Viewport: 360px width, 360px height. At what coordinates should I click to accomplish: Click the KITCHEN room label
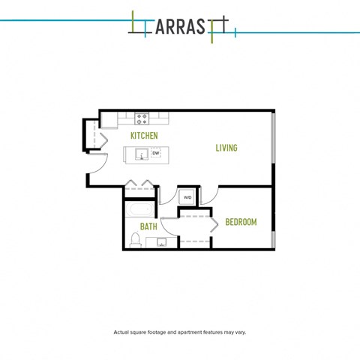coord(144,136)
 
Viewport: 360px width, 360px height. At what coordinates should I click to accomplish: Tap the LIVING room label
coord(226,148)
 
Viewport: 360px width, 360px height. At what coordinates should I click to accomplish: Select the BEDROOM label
coord(241,222)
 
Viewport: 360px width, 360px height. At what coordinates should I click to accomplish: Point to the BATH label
coord(148,226)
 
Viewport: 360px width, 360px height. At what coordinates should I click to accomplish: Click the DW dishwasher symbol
coord(156,153)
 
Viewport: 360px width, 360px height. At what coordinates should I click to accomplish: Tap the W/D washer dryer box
coord(187,197)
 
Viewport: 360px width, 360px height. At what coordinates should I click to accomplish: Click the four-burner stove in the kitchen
coord(142,118)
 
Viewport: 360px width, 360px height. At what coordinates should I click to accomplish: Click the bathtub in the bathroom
coord(139,209)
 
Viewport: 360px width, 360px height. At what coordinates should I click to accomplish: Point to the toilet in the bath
coord(135,240)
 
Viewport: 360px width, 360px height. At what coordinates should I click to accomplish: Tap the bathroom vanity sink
coord(161,242)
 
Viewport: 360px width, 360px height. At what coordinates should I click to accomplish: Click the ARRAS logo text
coord(180,27)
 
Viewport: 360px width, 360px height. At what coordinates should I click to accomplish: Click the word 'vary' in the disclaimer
coord(241,332)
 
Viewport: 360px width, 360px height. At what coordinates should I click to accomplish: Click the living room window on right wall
coord(274,138)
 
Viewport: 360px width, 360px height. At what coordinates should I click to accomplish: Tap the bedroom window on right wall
coord(274,239)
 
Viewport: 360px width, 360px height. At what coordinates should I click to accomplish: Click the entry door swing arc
coord(103,166)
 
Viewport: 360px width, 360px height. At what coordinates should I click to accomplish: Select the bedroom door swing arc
coord(214,197)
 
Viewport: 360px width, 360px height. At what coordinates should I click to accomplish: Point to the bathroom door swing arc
coord(166,229)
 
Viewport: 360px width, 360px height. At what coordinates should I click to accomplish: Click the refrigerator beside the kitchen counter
coord(109,120)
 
